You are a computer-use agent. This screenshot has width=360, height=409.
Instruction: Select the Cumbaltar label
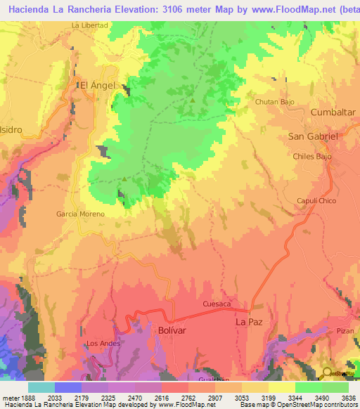[x=334, y=112]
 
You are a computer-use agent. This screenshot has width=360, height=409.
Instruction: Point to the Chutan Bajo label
[x=274, y=102]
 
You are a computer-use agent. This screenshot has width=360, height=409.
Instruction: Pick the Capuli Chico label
[x=317, y=200]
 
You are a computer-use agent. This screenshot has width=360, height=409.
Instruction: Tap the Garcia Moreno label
[x=81, y=214]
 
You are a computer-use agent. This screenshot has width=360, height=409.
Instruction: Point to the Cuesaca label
[x=217, y=304]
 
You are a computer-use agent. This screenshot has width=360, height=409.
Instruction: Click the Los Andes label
[x=103, y=344]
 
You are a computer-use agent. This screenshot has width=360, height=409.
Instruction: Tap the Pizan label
[x=345, y=330]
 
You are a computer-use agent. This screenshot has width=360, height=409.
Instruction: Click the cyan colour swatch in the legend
[x=41, y=387]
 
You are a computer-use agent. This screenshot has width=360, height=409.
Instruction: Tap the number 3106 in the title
[x=166, y=7]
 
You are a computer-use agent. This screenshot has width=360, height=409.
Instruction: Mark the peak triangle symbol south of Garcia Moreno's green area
[x=124, y=178]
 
